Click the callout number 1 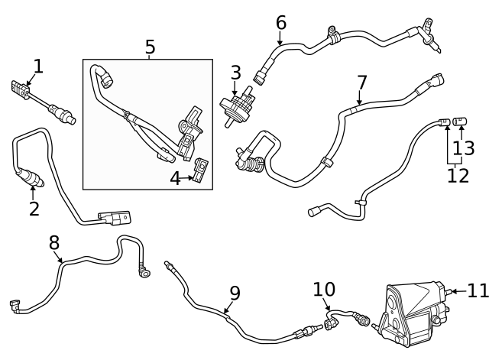tap(37, 66)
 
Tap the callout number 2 tap(34, 208)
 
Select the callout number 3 tap(235, 73)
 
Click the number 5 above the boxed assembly tap(150, 47)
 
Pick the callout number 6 tap(280, 23)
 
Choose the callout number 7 tap(361, 82)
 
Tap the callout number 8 tap(54, 242)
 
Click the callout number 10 tap(324, 290)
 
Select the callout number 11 tap(477, 290)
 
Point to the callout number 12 tap(458, 175)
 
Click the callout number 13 tap(464, 147)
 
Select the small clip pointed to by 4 tap(201, 170)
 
